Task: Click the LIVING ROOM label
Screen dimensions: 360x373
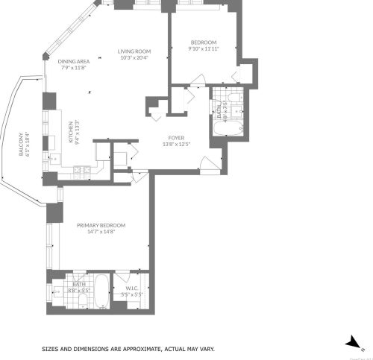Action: (x=134, y=51)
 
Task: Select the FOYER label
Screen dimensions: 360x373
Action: (x=176, y=138)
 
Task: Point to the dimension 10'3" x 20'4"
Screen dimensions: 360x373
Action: (x=134, y=57)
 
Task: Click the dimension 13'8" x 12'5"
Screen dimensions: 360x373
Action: (x=176, y=144)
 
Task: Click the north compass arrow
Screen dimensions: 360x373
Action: (x=351, y=341)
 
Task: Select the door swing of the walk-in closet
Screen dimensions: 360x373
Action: (x=121, y=281)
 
